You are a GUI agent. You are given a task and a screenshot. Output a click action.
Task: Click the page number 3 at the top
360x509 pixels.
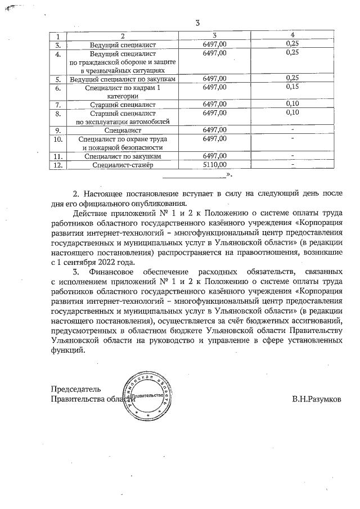click(197, 23)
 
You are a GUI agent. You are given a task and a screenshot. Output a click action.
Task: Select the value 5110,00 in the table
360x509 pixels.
click(214, 165)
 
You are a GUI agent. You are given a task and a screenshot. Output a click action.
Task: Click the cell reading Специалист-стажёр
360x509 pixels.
click(122, 165)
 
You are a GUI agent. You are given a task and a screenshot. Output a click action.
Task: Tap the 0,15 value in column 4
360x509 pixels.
click(291, 87)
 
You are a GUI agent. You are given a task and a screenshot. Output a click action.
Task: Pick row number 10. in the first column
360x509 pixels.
click(57, 138)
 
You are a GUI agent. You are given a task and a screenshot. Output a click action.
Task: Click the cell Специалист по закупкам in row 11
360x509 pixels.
click(122, 156)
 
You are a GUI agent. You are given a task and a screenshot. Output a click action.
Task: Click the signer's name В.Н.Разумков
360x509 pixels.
click(316, 399)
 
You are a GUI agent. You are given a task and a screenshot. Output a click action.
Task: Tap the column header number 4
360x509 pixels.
click(291, 35)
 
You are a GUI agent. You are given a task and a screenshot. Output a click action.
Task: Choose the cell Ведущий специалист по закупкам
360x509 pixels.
click(122, 79)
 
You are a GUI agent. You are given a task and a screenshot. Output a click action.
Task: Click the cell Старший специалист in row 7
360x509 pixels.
click(122, 105)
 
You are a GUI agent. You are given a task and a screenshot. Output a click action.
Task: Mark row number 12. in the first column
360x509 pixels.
click(57, 165)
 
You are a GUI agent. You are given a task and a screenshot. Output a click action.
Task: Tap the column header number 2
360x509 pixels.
click(122, 35)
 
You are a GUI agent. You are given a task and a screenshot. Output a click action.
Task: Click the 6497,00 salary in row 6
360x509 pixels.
click(214, 87)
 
